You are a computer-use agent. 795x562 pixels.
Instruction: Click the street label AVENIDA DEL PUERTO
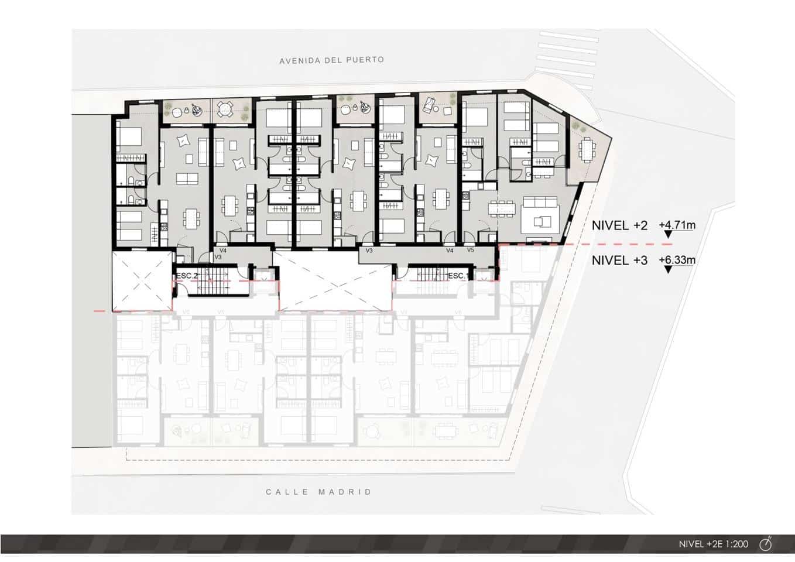331,60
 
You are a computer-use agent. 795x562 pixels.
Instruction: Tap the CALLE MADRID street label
318,492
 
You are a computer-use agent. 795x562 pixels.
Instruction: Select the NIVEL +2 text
619,225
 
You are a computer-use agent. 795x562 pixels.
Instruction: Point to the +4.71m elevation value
677,225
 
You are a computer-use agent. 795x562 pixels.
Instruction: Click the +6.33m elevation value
677,260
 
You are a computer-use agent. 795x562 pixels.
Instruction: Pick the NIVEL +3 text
619,261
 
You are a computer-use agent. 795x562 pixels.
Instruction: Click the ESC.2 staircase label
187,275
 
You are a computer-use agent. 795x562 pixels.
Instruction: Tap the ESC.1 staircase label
458,275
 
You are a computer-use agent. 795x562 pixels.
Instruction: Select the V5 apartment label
470,250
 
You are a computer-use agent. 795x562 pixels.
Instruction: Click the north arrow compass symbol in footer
766,544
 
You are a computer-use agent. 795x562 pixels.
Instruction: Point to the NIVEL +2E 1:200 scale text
713,544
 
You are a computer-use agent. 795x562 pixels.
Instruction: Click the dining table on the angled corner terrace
586,149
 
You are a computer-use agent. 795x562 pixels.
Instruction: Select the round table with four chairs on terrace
224,108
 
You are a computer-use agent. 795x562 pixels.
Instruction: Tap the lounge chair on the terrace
429,105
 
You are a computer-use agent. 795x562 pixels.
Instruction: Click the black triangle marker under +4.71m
668,235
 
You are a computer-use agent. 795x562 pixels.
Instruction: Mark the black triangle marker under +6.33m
668,270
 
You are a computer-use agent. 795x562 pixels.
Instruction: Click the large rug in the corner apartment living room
541,221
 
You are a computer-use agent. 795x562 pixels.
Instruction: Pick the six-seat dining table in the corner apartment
501,208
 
